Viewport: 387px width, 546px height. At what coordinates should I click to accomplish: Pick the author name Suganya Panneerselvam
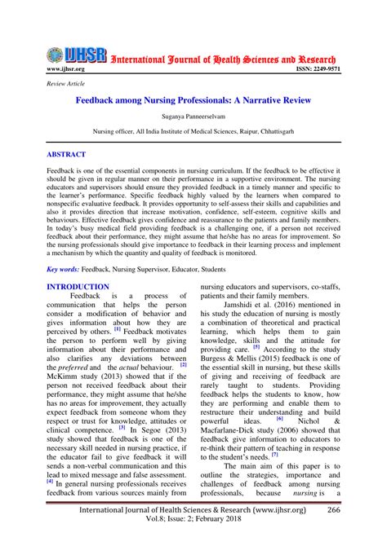(193, 119)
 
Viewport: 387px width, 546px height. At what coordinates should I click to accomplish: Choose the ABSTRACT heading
(71, 153)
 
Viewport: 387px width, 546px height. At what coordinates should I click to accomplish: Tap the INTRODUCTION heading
(78, 287)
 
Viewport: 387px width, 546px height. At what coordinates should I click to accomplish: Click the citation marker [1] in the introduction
(118, 330)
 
